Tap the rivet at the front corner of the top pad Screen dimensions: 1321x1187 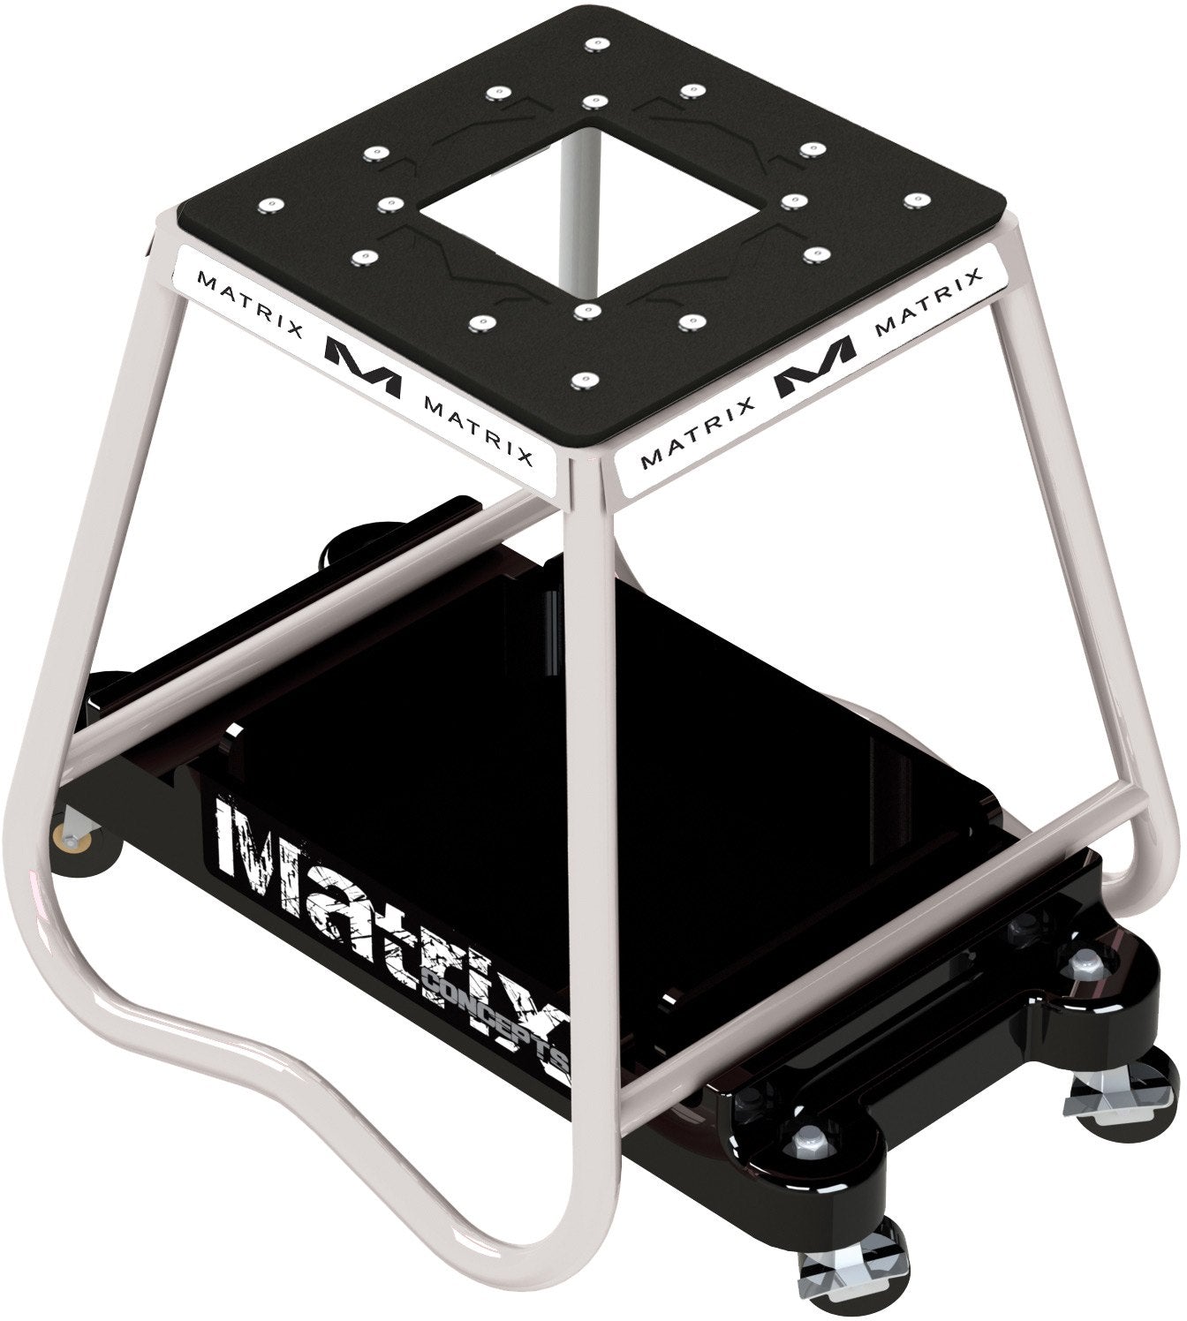pyautogui.click(x=579, y=379)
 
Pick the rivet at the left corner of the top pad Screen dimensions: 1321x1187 pyautogui.click(x=267, y=205)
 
